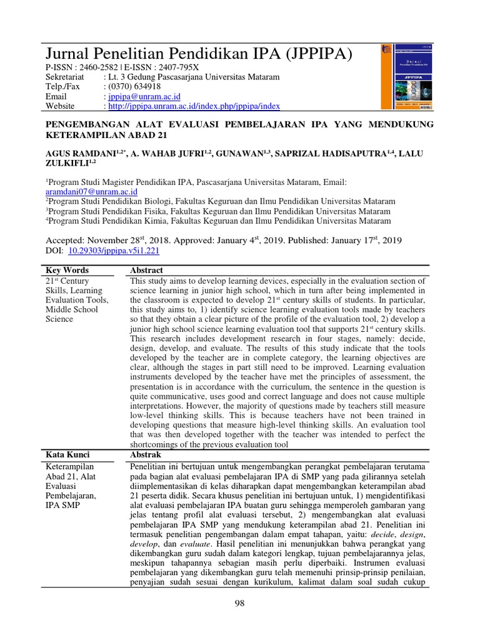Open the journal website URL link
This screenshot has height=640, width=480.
[x=194, y=107]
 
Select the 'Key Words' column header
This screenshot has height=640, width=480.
[x=67, y=271]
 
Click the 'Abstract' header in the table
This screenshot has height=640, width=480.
[x=146, y=271]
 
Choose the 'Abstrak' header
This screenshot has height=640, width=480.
[x=145, y=455]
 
